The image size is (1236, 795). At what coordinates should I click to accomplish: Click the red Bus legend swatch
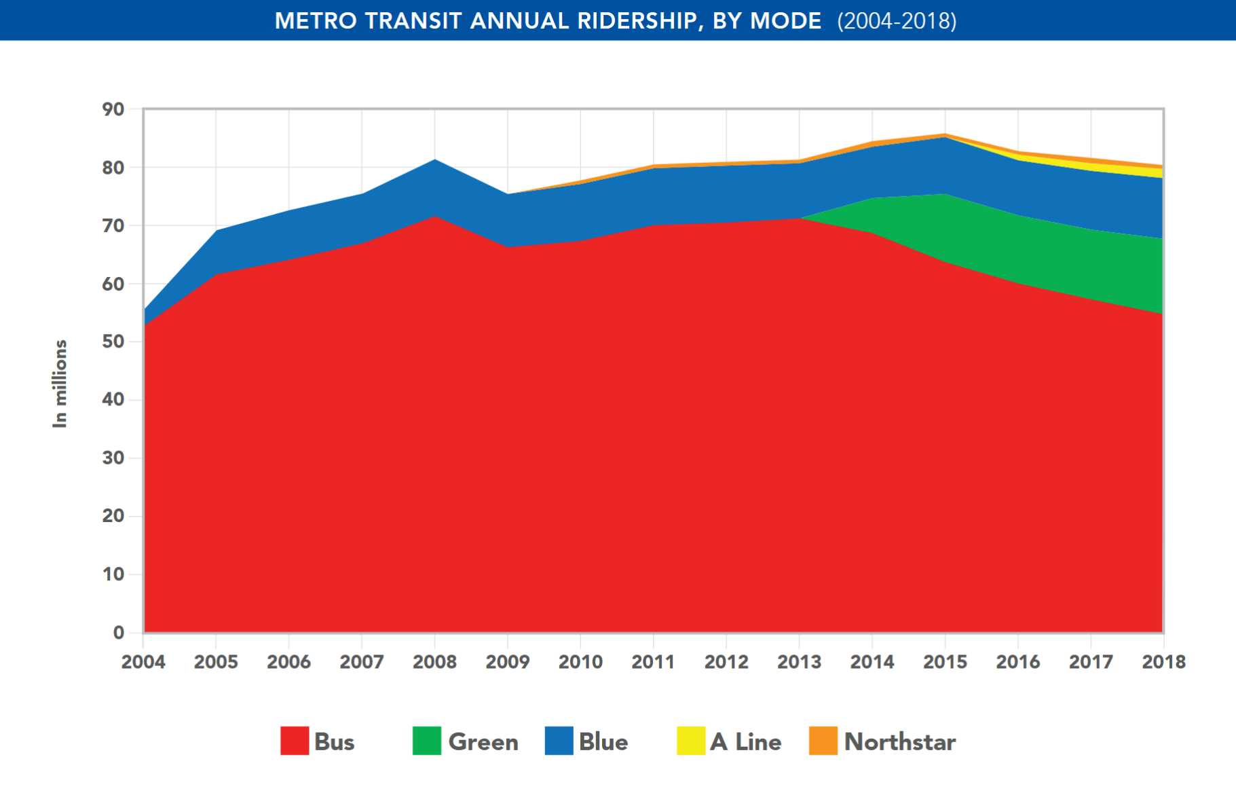click(295, 741)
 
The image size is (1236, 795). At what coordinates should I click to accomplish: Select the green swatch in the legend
click(427, 741)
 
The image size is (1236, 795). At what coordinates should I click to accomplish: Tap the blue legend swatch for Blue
click(559, 741)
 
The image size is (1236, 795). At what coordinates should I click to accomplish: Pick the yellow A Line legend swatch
click(691, 741)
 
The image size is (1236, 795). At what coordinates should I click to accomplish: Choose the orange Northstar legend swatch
click(823, 741)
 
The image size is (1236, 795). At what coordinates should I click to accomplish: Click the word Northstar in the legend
click(900, 742)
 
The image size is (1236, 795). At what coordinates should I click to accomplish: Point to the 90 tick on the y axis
click(113, 109)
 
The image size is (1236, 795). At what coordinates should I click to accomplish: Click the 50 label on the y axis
click(113, 341)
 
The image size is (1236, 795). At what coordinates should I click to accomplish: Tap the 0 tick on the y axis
click(119, 633)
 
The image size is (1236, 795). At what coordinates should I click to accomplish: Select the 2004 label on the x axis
click(143, 662)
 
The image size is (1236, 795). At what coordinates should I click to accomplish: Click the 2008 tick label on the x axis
click(434, 662)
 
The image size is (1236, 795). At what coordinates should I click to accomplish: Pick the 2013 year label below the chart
click(799, 662)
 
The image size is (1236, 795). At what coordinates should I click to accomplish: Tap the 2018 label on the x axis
click(1163, 662)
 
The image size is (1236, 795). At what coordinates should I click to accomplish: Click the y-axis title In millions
click(60, 384)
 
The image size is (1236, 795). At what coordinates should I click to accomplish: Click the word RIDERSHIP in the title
click(635, 21)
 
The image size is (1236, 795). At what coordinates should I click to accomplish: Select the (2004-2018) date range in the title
click(897, 21)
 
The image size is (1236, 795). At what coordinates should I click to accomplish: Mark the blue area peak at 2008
click(434, 160)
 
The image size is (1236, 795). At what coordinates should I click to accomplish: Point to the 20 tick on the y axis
click(113, 516)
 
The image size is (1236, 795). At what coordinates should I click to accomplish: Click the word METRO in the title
click(316, 21)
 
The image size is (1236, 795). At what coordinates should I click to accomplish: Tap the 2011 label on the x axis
click(653, 662)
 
